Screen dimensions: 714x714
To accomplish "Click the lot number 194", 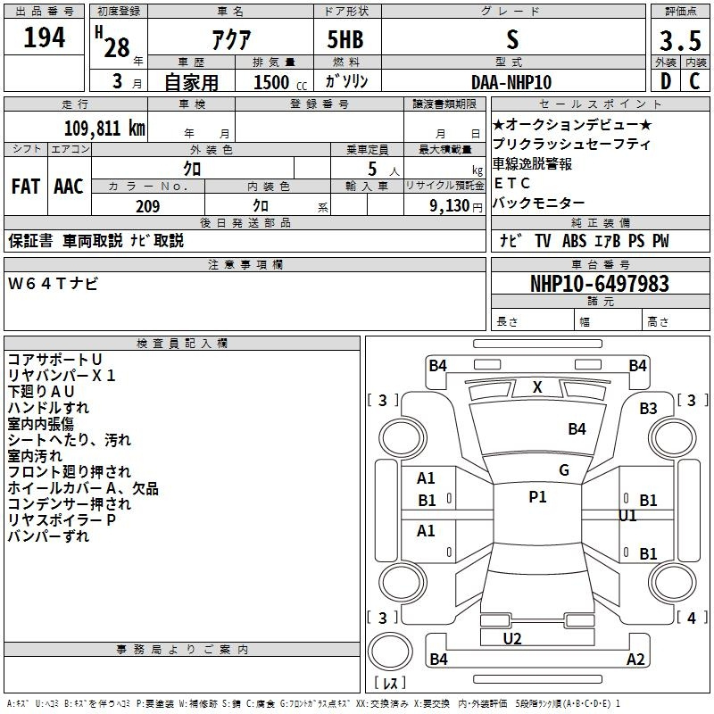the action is pyautogui.click(x=45, y=37).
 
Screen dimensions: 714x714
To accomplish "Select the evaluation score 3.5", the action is pyautogui.click(x=679, y=40).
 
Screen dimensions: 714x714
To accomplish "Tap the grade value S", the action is pyautogui.click(x=511, y=39).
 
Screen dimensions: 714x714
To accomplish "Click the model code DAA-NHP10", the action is pyautogui.click(x=511, y=82).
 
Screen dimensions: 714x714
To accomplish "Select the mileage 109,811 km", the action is pyautogui.click(x=104, y=128).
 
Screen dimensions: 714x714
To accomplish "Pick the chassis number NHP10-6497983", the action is pyautogui.click(x=599, y=284).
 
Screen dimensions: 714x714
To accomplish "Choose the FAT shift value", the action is pyautogui.click(x=25, y=187).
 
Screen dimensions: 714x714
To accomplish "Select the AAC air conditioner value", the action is pyautogui.click(x=68, y=187).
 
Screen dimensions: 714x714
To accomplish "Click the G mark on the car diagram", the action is pyautogui.click(x=563, y=470).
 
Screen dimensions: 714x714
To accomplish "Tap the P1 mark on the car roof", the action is pyautogui.click(x=537, y=497).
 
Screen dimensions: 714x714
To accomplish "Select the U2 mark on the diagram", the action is pyautogui.click(x=512, y=638).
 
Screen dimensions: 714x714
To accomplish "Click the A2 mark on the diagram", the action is pyautogui.click(x=635, y=660).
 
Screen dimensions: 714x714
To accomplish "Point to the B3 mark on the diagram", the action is pyautogui.click(x=648, y=408).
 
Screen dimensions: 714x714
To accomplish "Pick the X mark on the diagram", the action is pyautogui.click(x=537, y=387).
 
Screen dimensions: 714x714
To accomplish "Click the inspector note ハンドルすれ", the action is pyautogui.click(x=48, y=408).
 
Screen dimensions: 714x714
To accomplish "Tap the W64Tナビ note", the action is pyautogui.click(x=54, y=284).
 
